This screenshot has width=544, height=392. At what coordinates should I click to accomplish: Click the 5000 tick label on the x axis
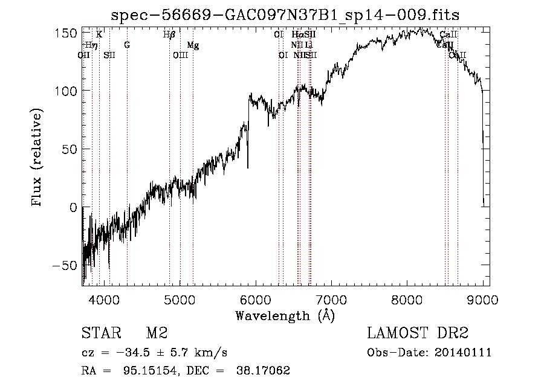point(180,300)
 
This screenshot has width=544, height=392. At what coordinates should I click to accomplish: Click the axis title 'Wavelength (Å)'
point(285,315)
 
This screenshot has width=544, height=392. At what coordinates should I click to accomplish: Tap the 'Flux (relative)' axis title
point(37,158)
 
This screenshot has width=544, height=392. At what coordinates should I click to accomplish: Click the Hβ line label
point(169,35)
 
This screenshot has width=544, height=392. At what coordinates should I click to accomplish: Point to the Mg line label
point(192,45)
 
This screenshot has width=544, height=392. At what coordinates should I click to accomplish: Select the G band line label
point(127,45)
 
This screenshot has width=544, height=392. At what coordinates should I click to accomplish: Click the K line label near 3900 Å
point(99,35)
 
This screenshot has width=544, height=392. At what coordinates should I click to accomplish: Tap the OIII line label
point(181,56)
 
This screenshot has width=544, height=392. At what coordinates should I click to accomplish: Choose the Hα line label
point(297,35)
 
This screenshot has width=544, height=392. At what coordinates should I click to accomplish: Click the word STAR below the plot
point(101,333)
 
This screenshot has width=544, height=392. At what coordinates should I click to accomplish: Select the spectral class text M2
point(156,333)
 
